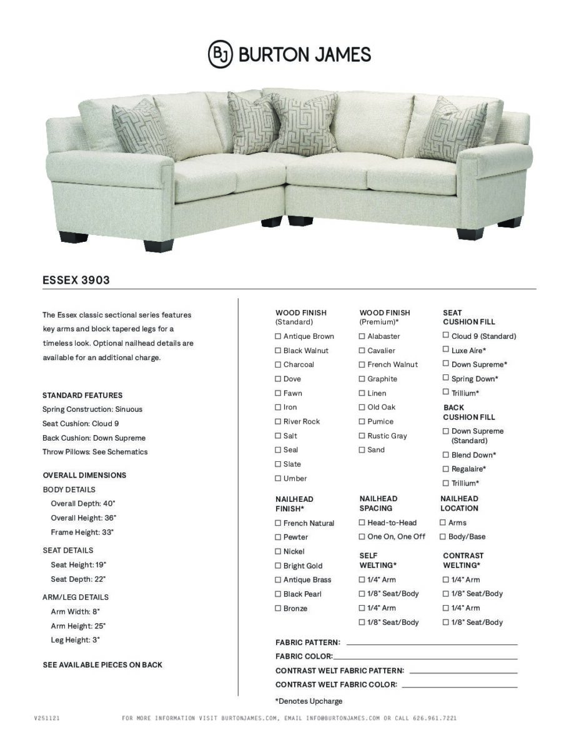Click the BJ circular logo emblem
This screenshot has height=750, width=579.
(220, 54)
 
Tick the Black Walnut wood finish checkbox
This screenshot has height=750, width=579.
(278, 351)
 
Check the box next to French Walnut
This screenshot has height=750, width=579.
(362, 364)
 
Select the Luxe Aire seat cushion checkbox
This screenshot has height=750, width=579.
(446, 350)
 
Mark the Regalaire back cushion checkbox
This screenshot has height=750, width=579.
(446, 469)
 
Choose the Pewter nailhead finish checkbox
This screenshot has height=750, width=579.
(278, 537)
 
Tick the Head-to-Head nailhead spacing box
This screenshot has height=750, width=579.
(362, 522)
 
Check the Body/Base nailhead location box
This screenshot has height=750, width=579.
(443, 536)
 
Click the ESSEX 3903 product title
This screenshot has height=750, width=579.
(76, 280)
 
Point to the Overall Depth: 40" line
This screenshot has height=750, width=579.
(83, 503)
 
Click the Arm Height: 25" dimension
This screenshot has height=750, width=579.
(78, 626)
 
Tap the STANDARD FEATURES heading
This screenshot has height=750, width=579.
(82, 395)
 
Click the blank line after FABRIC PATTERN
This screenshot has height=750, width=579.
(431, 643)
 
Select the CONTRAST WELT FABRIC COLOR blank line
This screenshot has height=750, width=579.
(459, 686)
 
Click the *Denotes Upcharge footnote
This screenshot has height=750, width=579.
(309, 701)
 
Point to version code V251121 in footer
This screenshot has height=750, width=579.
(47, 718)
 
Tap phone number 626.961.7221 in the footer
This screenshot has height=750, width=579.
(435, 718)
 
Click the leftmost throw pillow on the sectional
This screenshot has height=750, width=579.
(135, 131)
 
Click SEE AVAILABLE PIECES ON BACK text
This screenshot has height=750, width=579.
(102, 664)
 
